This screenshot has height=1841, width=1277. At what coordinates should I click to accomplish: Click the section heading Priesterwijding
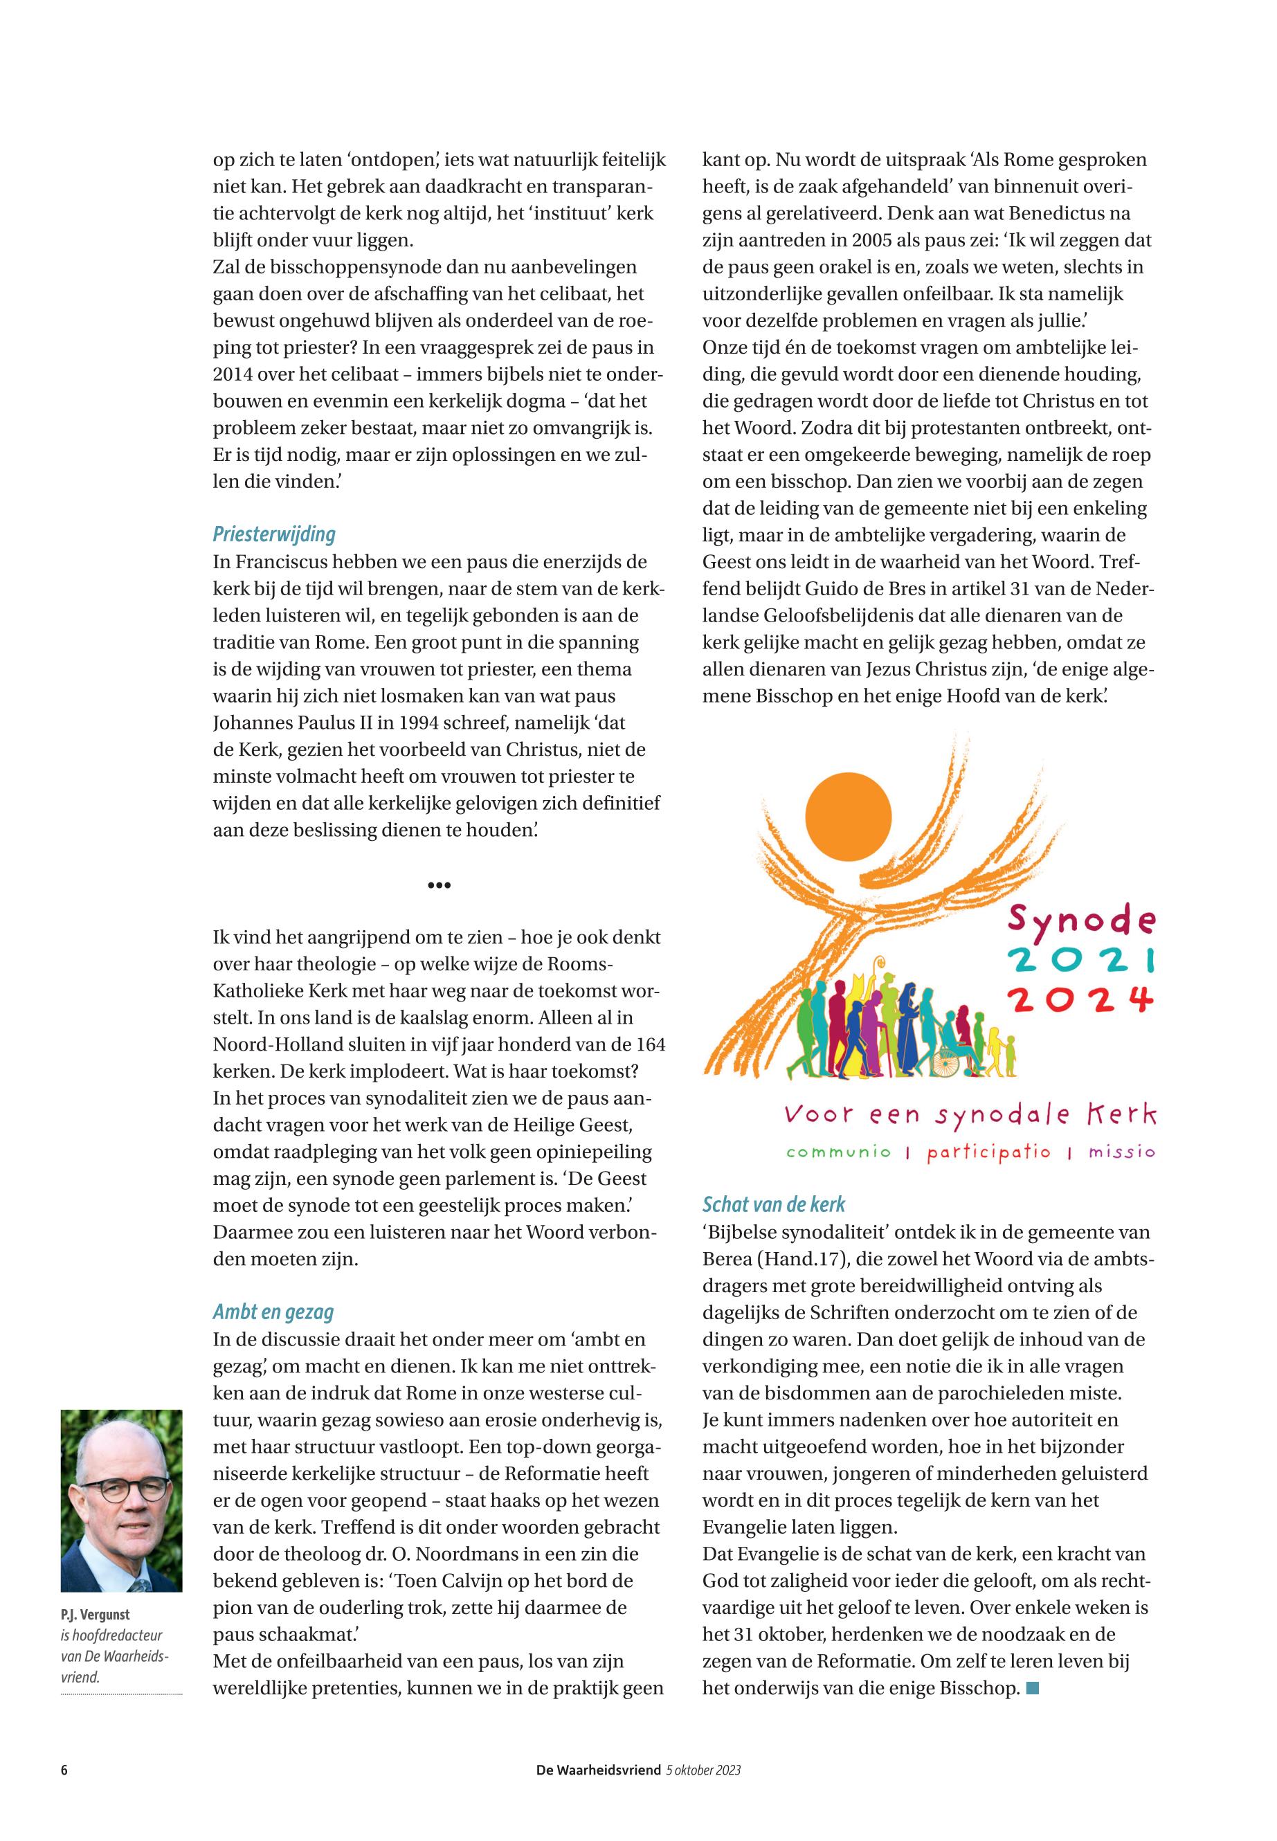pyautogui.click(x=273, y=534)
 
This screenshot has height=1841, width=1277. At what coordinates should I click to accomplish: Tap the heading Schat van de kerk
pyautogui.click(x=774, y=1204)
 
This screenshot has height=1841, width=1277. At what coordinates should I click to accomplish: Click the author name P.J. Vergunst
pyautogui.click(x=96, y=1614)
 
